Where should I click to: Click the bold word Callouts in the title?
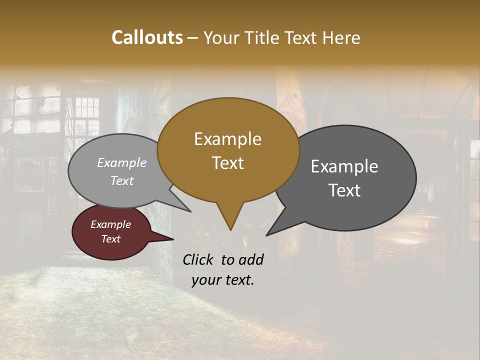click(x=147, y=37)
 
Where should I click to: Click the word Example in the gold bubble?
click(x=227, y=139)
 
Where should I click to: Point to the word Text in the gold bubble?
click(x=227, y=163)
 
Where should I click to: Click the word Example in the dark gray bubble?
click(x=344, y=166)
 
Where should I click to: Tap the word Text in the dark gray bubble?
click(x=344, y=190)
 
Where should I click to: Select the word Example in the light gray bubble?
click(x=122, y=162)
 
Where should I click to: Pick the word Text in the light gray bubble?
click(x=122, y=180)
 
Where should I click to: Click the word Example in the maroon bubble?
click(x=111, y=224)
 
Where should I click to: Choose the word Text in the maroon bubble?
click(x=111, y=239)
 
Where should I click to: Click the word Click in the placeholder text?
click(x=199, y=259)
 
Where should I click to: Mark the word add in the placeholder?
click(x=251, y=259)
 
